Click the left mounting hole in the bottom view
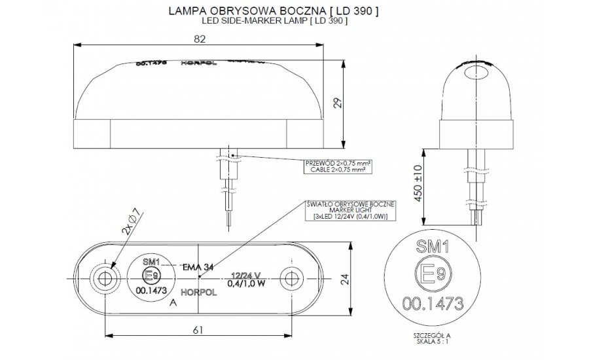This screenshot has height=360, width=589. [103, 279]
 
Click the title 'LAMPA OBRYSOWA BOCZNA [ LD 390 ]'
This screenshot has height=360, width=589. [273, 11]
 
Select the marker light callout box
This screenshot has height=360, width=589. [350, 210]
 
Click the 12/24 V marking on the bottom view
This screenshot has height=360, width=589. [247, 276]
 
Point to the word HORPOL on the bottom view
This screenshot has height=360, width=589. [196, 293]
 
